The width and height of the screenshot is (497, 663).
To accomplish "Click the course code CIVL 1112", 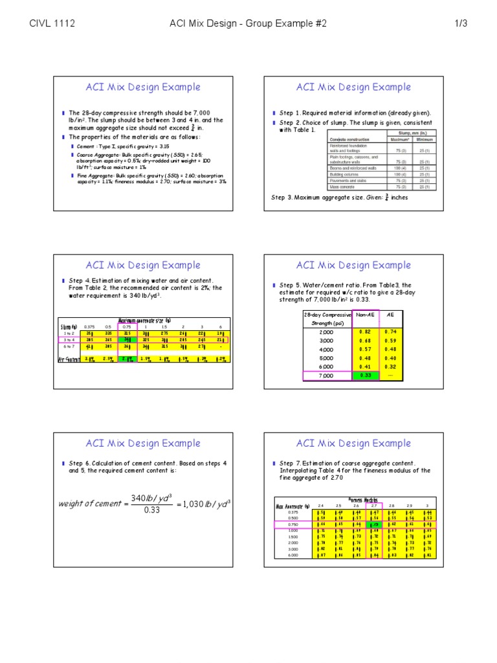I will pos(52,24).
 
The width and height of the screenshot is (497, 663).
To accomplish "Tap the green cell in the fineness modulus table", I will pos(375,524).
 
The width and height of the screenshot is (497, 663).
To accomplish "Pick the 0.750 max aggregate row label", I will pos(293,524).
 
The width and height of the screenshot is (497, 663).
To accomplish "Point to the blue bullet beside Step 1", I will pos(274,113).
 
